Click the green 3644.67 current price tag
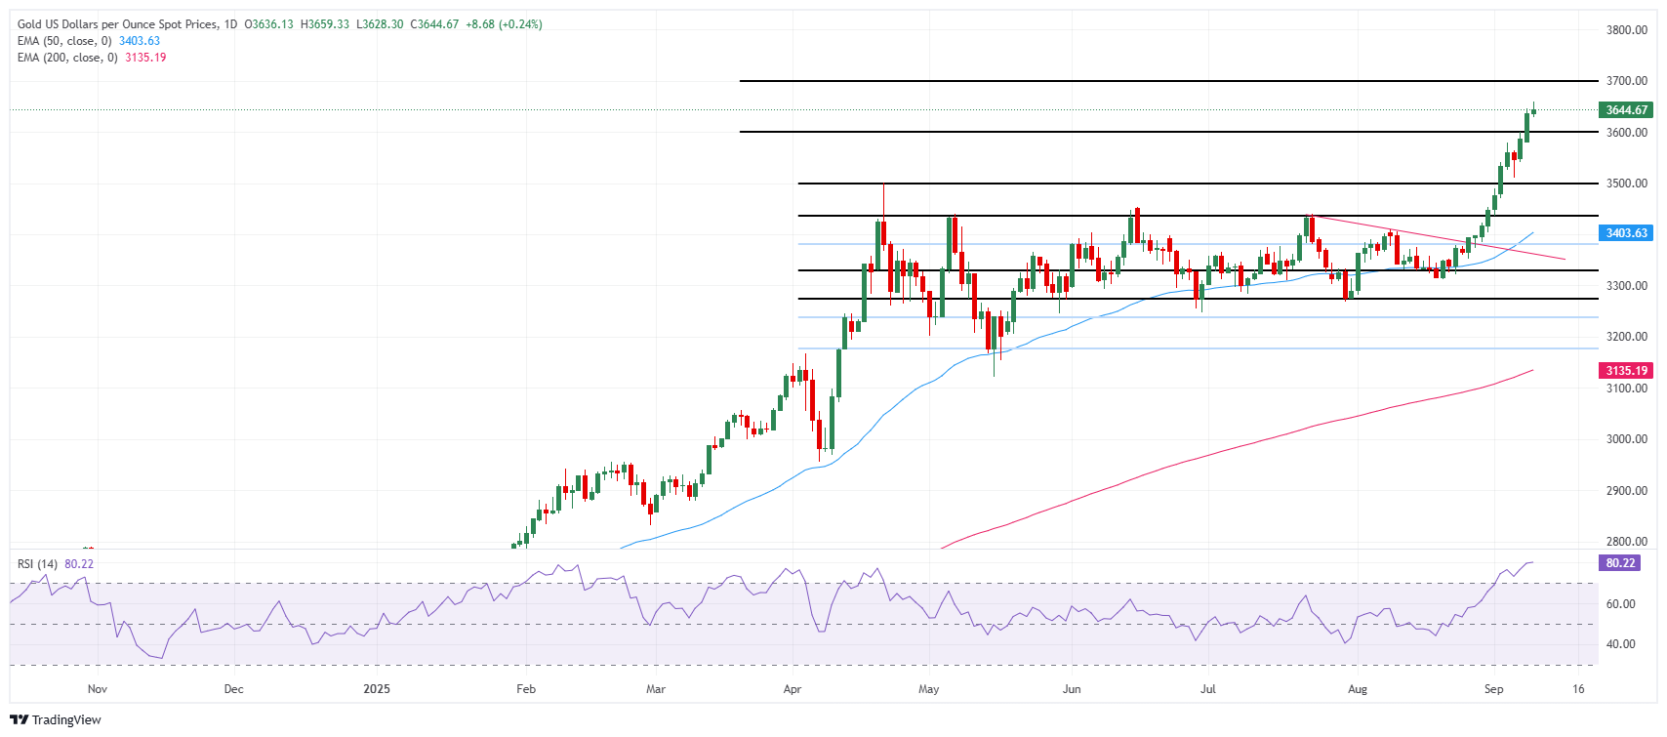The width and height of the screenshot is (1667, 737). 1625,110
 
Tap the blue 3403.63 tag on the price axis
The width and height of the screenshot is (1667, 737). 1625,233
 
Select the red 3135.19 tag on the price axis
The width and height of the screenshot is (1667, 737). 1625,371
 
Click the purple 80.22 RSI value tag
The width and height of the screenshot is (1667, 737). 1619,563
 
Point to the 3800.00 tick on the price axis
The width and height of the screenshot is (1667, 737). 1627,30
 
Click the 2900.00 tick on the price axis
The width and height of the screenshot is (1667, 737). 1627,491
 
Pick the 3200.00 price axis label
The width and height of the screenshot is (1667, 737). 1627,337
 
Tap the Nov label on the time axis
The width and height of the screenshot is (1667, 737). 97,689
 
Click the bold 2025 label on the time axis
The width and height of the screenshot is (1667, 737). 377,689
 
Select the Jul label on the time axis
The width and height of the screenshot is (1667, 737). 1208,689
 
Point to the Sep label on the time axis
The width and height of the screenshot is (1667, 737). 1493,689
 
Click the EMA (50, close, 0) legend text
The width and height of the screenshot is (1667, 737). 64,41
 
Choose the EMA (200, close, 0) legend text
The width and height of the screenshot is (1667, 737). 67,58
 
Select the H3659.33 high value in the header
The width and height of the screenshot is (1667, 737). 324,24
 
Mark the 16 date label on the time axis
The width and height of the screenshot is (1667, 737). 1578,689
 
